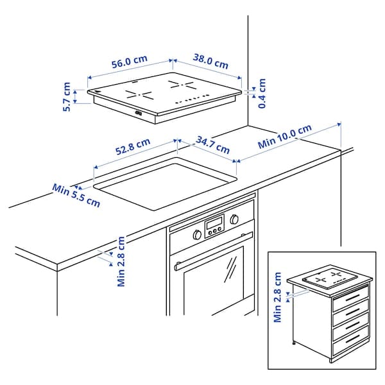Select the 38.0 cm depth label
(x=210, y=62)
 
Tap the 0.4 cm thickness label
(x=262, y=93)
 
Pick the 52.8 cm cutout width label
(x=133, y=149)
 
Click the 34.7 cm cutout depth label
(x=213, y=144)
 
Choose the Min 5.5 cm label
(x=76, y=195)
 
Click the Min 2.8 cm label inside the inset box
(x=278, y=298)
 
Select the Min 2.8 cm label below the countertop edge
(x=121, y=261)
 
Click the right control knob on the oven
(x=234, y=219)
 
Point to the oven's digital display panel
(x=214, y=225)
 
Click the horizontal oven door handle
(x=209, y=255)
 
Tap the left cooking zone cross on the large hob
(x=140, y=95)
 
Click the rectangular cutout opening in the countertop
(x=166, y=185)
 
